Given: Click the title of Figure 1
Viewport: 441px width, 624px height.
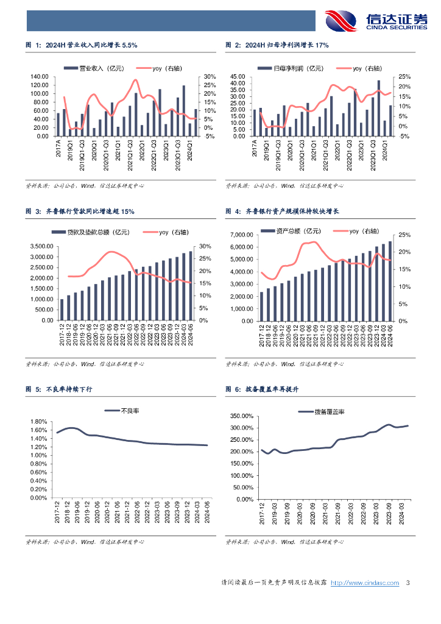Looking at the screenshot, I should [x=82, y=45].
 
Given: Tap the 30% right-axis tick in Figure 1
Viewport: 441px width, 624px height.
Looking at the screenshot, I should [x=209, y=77].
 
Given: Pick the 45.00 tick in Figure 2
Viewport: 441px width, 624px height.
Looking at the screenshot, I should [x=237, y=77].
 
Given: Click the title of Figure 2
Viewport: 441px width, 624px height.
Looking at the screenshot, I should [x=277, y=45].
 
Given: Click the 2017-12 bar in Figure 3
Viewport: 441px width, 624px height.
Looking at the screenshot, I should [x=61, y=310].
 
